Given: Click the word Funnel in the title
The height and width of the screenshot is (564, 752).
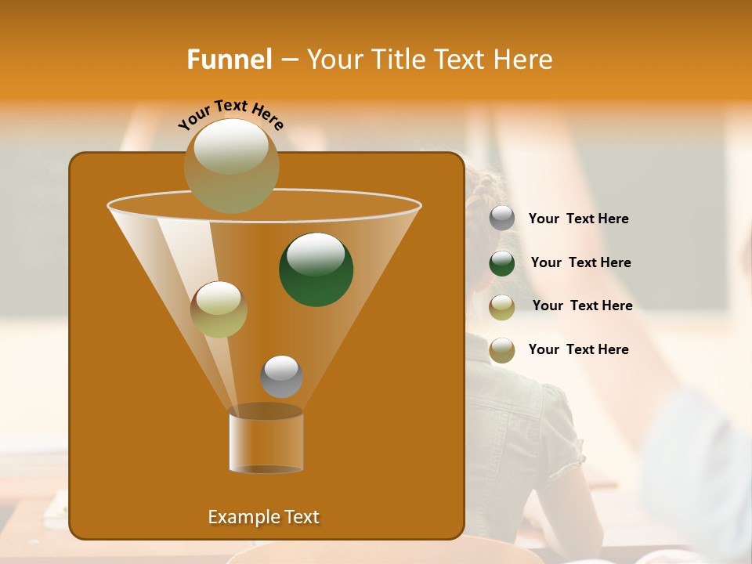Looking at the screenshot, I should point(229,60).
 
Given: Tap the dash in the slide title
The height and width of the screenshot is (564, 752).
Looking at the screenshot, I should point(289,60).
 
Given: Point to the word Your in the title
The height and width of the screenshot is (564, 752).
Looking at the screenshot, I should point(333,60).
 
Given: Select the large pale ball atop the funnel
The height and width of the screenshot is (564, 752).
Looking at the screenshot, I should point(232,165).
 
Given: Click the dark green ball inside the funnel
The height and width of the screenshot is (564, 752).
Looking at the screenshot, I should point(316,269).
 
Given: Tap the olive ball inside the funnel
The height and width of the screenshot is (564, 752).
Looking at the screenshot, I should point(219,309).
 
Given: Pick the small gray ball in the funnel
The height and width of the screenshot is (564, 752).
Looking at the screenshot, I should point(281,376).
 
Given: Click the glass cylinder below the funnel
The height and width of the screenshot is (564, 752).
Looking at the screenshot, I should point(266,442).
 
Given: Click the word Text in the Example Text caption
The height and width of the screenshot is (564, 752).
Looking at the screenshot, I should point(301,517).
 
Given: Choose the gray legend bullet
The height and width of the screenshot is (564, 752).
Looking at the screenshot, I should point(502,219).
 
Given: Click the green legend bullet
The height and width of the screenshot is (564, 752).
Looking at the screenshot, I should point(502,263).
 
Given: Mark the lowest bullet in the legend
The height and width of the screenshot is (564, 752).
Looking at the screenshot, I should point(502,350).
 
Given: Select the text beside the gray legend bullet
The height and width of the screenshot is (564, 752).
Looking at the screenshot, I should point(578,219).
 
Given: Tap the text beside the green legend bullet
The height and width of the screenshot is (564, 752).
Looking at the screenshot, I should point(580,263).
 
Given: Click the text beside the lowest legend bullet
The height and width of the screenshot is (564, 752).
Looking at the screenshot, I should point(578,349).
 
